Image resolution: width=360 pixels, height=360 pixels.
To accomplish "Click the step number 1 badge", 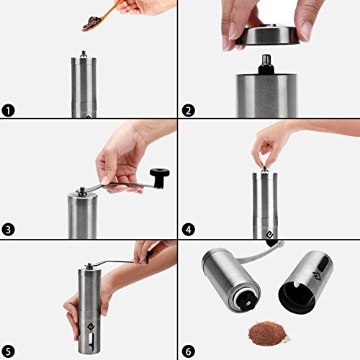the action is (8, 111).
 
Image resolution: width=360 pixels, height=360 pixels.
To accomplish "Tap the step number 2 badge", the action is (189, 111).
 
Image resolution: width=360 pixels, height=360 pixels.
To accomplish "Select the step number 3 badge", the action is (8, 230).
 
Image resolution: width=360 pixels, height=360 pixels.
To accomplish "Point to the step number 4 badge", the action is (189, 230).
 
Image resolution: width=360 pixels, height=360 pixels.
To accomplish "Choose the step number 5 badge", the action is (8, 352).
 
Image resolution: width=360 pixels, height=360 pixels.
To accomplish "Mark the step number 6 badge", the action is (189, 352).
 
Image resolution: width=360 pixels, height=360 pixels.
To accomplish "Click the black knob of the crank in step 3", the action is (160, 178).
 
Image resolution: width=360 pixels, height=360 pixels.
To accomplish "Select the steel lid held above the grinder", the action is (268, 36).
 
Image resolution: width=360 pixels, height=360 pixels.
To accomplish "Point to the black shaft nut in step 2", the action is (266, 65).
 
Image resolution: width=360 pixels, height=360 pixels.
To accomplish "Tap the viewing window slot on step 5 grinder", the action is (91, 343).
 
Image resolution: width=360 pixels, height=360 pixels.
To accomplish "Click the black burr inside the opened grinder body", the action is (246, 300).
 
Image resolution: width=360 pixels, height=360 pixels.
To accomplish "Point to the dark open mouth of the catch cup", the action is (297, 294).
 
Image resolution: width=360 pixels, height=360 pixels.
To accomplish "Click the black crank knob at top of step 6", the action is (271, 243).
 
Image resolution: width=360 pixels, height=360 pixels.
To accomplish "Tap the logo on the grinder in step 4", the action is (270, 235).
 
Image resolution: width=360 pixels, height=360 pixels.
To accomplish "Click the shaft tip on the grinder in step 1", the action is (84, 54).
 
